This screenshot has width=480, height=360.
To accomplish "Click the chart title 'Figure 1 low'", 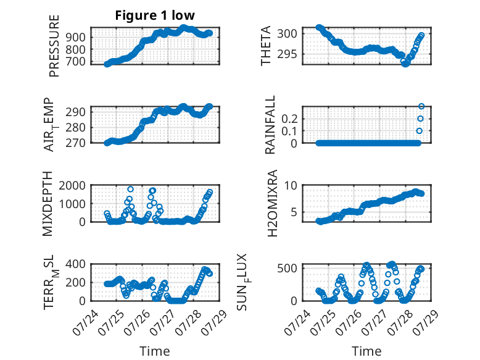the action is coord(155,15).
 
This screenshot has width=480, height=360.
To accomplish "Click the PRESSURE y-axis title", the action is coord(54,46).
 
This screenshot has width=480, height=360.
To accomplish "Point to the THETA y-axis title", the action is coord(266,46).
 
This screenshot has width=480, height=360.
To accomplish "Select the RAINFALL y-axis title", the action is coord(270,124).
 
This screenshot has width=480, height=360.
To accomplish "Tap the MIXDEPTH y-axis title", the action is coord(48,204).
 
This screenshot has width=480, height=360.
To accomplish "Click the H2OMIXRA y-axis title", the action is coord(272,203).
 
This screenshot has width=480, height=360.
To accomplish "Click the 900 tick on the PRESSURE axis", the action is coord(75,38).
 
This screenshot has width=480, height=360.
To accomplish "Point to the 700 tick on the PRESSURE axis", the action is coord(75,62).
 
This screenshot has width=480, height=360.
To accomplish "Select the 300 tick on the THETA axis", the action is coord(287,33).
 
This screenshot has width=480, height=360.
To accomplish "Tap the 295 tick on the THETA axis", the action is coord(287,54).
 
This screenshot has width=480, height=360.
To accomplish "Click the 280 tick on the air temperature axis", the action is coord(75,127).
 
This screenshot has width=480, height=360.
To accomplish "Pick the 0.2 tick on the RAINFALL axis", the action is coord(289,119).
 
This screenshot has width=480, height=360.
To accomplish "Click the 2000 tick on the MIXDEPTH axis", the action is coord(72,185).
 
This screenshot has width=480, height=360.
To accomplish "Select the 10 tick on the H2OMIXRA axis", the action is coord(291,185).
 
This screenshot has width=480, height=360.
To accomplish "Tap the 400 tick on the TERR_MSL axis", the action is coord(75,264).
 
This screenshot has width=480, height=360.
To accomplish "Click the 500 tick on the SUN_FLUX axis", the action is coord(287,269).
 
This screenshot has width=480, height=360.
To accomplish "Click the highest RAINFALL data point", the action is coord(421,106).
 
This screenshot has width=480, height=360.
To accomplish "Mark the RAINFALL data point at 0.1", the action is coord(420,131).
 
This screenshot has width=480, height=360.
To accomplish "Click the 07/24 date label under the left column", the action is coord(86,323).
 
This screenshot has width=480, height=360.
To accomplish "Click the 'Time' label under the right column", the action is coord(366,351).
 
